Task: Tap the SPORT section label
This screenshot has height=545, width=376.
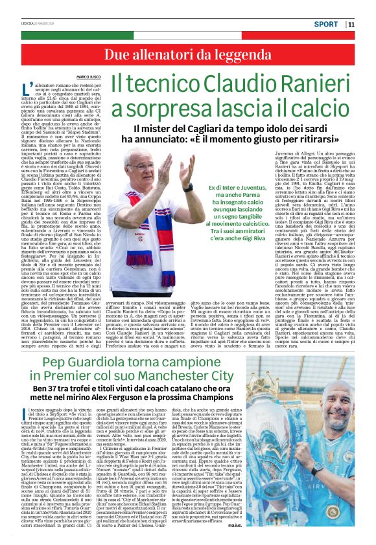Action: point(326,25)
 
